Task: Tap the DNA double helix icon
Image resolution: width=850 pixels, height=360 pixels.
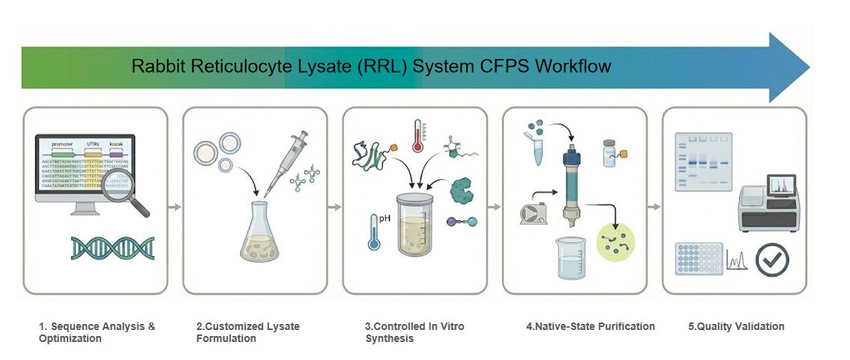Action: pyautogui.click(x=112, y=248)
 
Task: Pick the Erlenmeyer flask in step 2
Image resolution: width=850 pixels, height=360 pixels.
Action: pyautogui.click(x=259, y=235)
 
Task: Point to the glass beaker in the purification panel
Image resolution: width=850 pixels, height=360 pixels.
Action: pyautogui.click(x=571, y=259)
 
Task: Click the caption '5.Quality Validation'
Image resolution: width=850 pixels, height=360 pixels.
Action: pyautogui.click(x=736, y=326)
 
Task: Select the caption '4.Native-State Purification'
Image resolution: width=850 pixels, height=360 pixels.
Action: pyautogui.click(x=591, y=326)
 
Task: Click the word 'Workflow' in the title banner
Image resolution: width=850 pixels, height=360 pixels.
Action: pyautogui.click(x=572, y=66)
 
